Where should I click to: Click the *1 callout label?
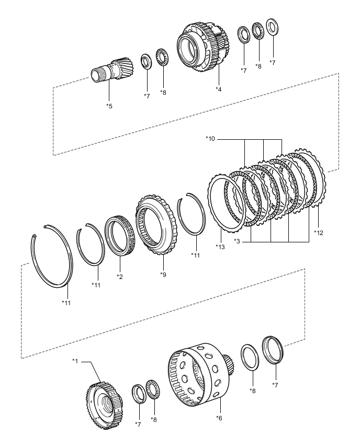pyautogui.click(x=75, y=361)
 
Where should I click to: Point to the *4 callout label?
pyautogui.click(x=219, y=89)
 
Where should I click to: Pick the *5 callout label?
pyautogui.click(x=109, y=106)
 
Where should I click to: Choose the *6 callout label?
pyautogui.click(x=219, y=417)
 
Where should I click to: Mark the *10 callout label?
pyautogui.click(x=210, y=139)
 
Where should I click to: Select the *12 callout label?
pyautogui.click(x=319, y=232)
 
